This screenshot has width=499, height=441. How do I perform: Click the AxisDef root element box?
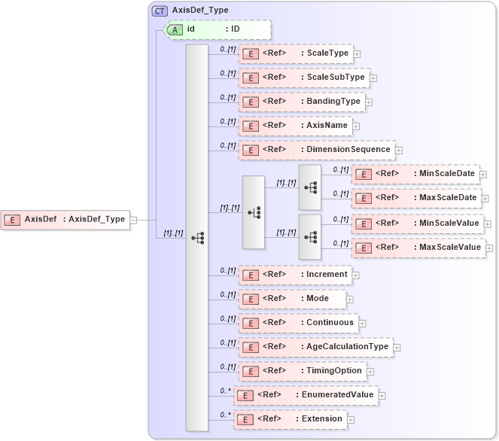[x=65, y=219]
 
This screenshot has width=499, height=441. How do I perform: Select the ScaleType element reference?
[x=296, y=53]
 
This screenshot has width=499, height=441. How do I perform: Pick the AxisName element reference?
[x=296, y=126]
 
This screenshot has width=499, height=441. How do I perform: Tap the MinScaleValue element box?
[x=417, y=224]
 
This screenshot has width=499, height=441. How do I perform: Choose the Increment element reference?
[x=295, y=275]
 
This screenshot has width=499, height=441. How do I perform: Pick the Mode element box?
[x=291, y=299]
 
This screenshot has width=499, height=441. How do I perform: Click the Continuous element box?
[x=297, y=323]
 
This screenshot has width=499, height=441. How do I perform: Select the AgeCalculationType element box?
[x=315, y=347]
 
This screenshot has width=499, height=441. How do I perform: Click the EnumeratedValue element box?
[x=305, y=395]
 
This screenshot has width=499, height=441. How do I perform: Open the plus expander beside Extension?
[x=351, y=419]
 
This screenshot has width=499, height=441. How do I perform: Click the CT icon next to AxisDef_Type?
[x=160, y=11]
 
